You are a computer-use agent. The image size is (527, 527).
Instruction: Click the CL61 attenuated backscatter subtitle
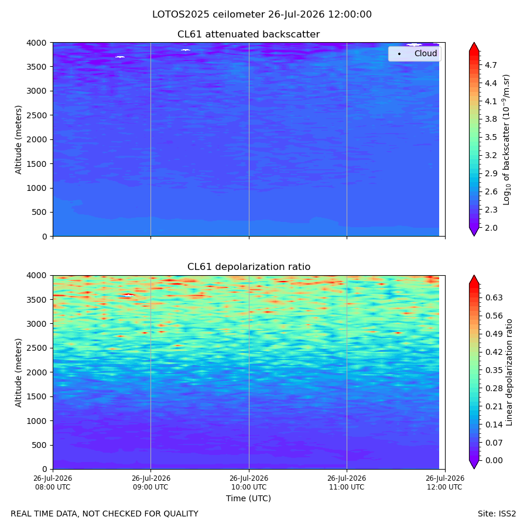pyautogui.click(x=249, y=35)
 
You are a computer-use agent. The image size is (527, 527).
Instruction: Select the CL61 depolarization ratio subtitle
pyautogui.click(x=249, y=267)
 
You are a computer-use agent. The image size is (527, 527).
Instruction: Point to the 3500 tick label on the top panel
pyautogui.click(x=36, y=67)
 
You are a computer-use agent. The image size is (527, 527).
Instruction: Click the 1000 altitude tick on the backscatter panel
pyautogui.click(x=36, y=188)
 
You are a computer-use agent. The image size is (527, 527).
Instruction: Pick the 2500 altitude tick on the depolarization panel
pyautogui.click(x=36, y=348)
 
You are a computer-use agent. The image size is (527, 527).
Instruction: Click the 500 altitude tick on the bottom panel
pyautogui.click(x=40, y=446)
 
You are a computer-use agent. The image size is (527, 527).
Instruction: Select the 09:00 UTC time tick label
pyautogui.click(x=150, y=482)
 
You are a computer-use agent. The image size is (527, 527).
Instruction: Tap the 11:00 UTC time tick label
pyautogui.click(x=347, y=482)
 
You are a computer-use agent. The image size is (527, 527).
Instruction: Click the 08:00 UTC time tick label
pyautogui.click(x=53, y=482)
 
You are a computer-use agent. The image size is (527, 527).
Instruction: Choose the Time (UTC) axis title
pyautogui.click(x=248, y=498)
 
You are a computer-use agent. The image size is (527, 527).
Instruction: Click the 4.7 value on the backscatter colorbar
pyautogui.click(x=491, y=65)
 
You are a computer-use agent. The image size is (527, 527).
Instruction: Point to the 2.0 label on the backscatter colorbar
pyautogui.click(x=491, y=228)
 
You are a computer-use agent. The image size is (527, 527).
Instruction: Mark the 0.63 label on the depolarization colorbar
pyautogui.click(x=494, y=298)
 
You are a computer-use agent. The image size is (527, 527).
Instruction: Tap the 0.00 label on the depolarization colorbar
pyautogui.click(x=494, y=460)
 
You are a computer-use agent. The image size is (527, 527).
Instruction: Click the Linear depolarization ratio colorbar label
pyautogui.click(x=509, y=372)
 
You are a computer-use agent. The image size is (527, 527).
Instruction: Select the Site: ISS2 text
pyautogui.click(x=497, y=514)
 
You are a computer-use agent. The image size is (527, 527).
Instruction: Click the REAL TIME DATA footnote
pyautogui.click(x=105, y=514)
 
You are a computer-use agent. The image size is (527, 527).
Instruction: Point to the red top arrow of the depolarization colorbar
pyautogui.click(x=474, y=279)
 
